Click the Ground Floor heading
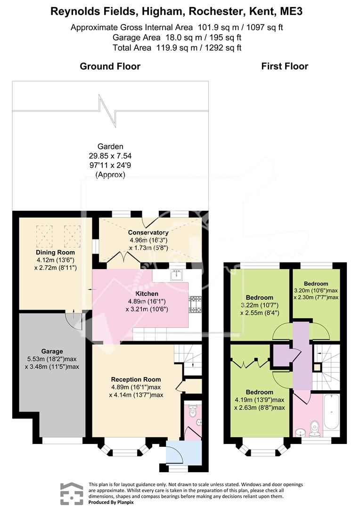(110, 66)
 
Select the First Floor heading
(285, 66)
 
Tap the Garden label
(110, 147)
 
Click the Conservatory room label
(148, 232)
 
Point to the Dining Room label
(55, 253)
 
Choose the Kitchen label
(147, 294)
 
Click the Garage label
(52, 351)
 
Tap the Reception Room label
(136, 379)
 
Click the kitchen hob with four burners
(195, 304)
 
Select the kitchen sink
(177, 275)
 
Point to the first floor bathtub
(331, 412)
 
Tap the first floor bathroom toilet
(315, 428)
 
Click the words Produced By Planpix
(111, 502)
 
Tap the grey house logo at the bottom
(72, 493)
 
